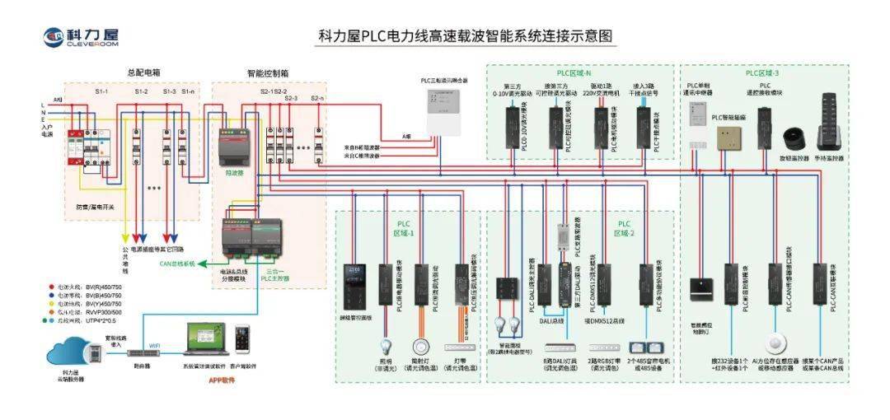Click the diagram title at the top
coord(466,38)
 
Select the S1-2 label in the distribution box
coord(142,91)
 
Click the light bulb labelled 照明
coord(385,346)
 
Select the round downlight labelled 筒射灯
coord(421,346)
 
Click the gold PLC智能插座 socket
coord(728,138)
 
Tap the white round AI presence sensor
coord(774,343)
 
